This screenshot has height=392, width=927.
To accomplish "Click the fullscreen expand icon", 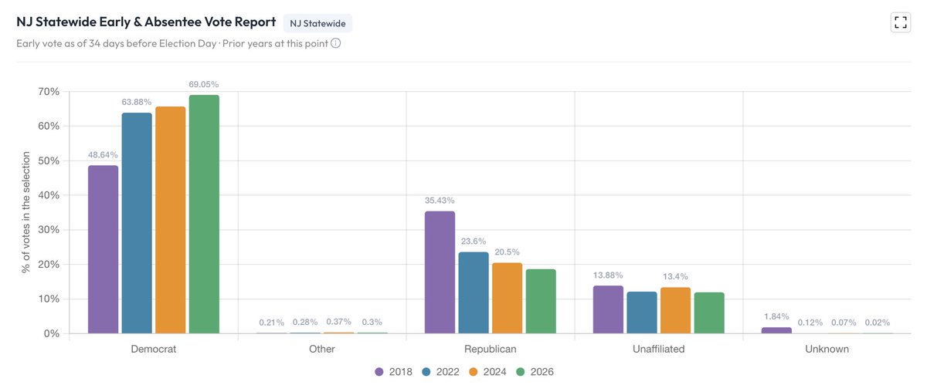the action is [x=901, y=22].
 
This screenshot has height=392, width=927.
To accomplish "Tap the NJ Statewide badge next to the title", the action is [x=317, y=23].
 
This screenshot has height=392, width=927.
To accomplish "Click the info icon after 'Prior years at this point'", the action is [x=335, y=43].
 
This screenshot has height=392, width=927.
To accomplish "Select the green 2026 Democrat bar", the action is [x=204, y=215].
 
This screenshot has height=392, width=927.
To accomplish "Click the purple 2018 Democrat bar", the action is [x=103, y=249].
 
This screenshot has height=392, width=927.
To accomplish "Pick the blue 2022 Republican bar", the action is [x=474, y=292].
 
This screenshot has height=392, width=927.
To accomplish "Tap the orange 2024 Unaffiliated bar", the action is [x=675, y=310].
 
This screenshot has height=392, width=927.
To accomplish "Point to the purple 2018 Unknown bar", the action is [x=776, y=330].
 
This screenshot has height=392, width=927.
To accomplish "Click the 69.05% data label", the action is [x=204, y=84].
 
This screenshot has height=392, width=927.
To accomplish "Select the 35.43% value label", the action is [x=440, y=201].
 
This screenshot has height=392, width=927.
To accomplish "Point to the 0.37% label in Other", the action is [x=338, y=322].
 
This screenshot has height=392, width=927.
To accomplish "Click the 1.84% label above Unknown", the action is [x=776, y=316].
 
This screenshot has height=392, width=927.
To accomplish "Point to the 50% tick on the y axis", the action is [x=49, y=161].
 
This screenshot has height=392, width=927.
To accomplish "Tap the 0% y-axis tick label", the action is [x=52, y=333].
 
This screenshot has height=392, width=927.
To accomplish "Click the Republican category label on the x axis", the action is [x=490, y=349].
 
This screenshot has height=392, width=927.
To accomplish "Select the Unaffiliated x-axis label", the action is [x=658, y=349].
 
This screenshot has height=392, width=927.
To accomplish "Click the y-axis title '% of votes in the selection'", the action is [x=25, y=212].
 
